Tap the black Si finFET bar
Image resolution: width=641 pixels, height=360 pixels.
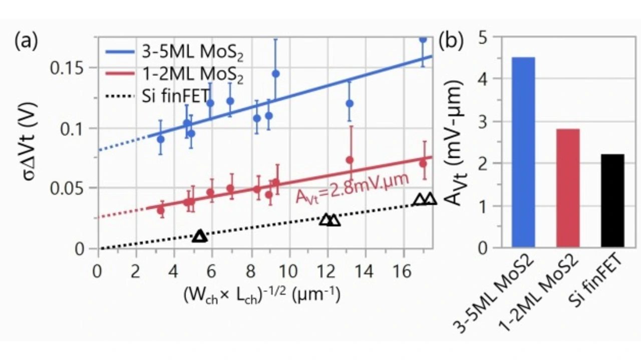(612, 200)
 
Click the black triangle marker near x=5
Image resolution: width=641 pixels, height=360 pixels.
(200, 236)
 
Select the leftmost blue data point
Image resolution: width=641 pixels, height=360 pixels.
(161, 139)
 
